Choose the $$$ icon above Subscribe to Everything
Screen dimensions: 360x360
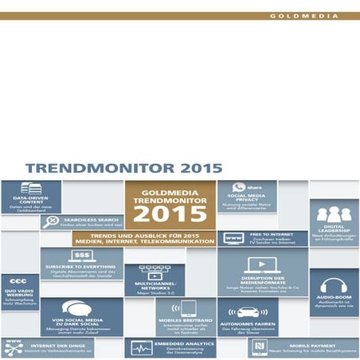click(x=80, y=256)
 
